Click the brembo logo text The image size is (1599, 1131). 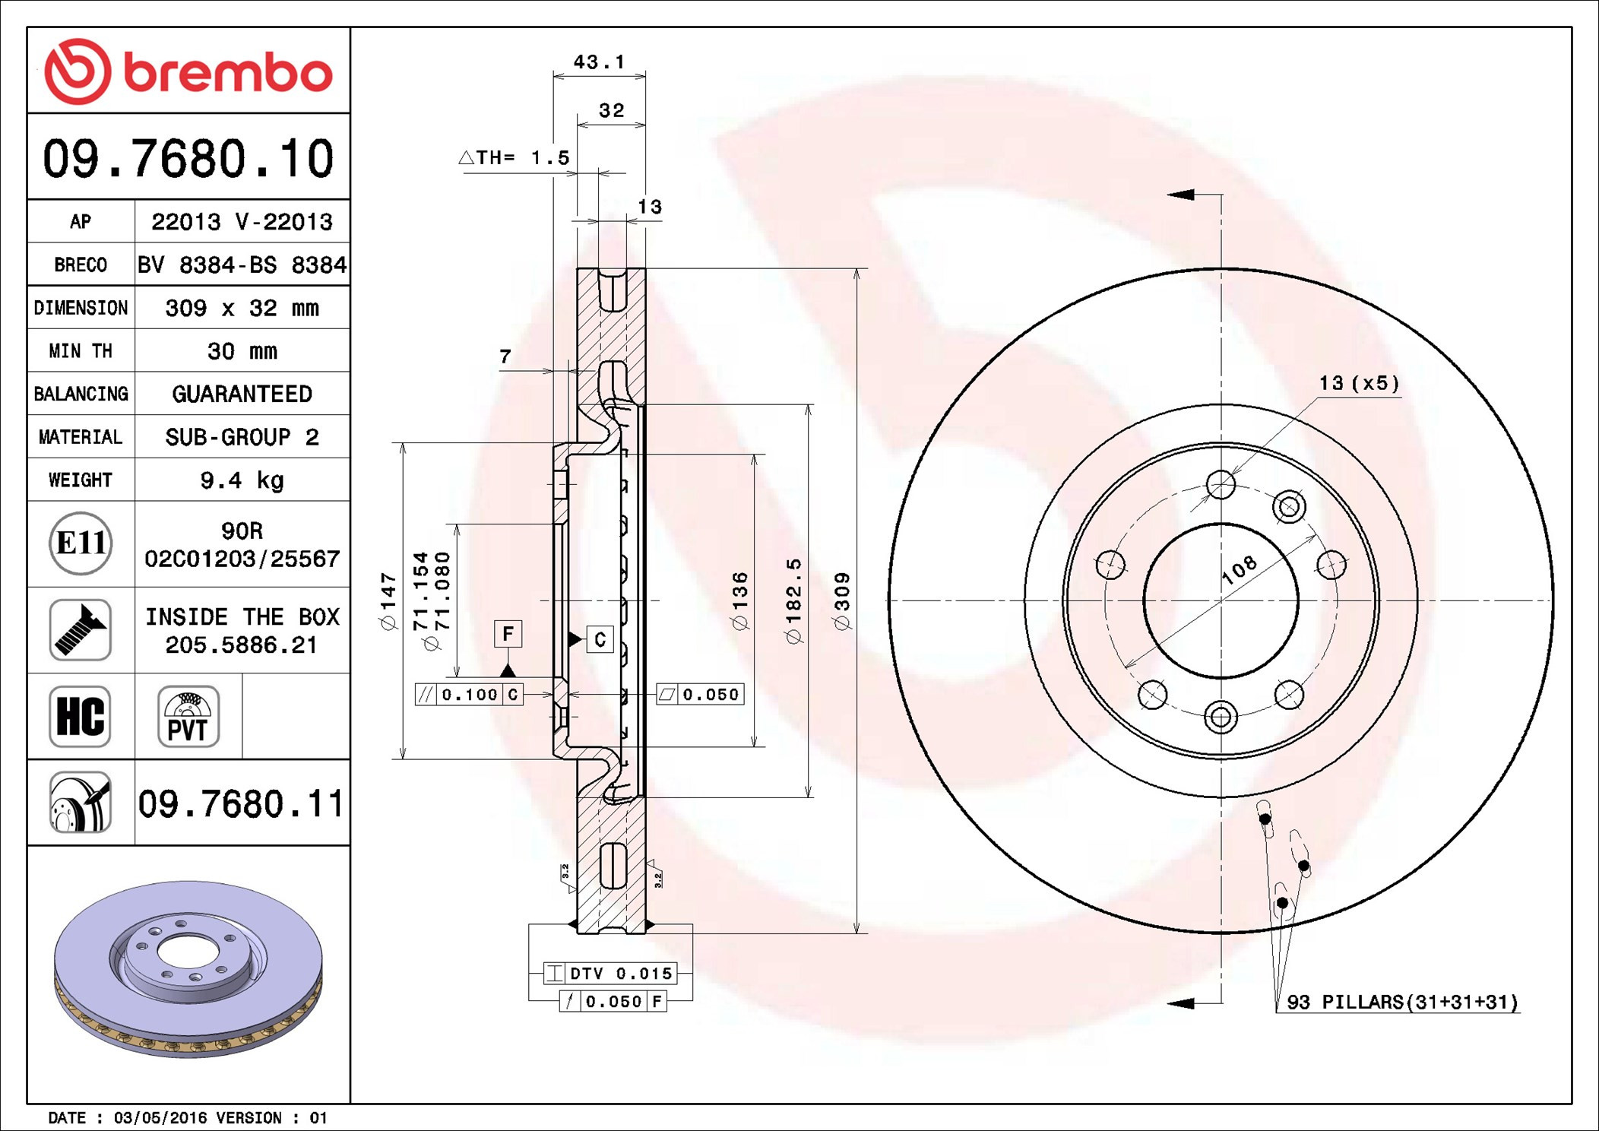coord(227,73)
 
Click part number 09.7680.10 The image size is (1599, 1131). coord(188,159)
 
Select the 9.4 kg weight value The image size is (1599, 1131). coord(242,480)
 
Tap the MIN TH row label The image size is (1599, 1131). coord(81,350)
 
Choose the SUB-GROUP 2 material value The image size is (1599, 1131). coord(242,437)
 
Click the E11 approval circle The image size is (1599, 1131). coord(81,543)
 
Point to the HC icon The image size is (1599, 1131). coord(80,716)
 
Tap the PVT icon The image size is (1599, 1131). coord(188,716)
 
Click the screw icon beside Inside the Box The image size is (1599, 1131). coord(80,629)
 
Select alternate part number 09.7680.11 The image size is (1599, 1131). coord(241,803)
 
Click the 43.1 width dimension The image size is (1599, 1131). coord(599,62)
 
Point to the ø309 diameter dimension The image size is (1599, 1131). coord(842,600)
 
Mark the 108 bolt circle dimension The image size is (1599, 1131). coord(1239,569)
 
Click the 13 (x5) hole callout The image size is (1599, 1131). coord(1359,383)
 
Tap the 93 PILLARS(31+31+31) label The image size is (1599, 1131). coord(1401,1002)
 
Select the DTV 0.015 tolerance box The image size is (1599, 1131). coord(610,973)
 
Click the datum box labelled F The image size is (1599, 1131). coord(508,633)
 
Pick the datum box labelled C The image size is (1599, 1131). coord(600,639)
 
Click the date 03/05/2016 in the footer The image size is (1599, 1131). coord(160,1117)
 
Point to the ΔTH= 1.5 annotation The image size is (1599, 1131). coord(514,157)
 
